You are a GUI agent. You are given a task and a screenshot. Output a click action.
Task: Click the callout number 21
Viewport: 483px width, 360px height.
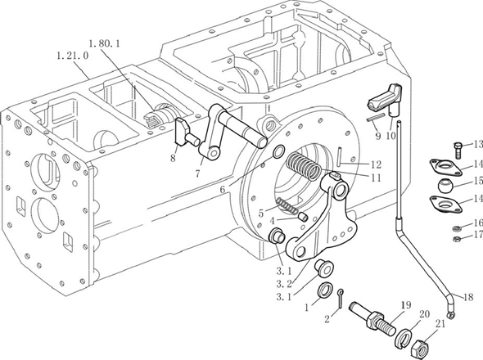(x=440, y=323)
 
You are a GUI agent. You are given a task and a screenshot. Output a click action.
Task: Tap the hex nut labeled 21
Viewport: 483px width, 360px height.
(x=422, y=348)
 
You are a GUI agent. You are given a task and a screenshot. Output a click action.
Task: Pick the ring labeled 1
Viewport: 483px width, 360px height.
(x=325, y=290)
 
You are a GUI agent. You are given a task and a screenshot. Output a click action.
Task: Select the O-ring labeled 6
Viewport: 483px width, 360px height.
(x=279, y=151)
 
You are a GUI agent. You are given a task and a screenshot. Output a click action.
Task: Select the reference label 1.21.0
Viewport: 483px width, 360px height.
(x=73, y=56)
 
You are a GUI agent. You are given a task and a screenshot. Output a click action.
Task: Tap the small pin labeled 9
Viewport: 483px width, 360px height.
(x=376, y=119)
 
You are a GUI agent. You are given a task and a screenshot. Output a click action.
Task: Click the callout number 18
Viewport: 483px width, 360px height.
(x=468, y=297)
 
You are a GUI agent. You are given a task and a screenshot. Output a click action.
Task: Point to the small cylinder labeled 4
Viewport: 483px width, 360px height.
(x=304, y=217)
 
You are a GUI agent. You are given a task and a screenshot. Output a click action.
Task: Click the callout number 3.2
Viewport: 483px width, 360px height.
(x=285, y=284)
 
